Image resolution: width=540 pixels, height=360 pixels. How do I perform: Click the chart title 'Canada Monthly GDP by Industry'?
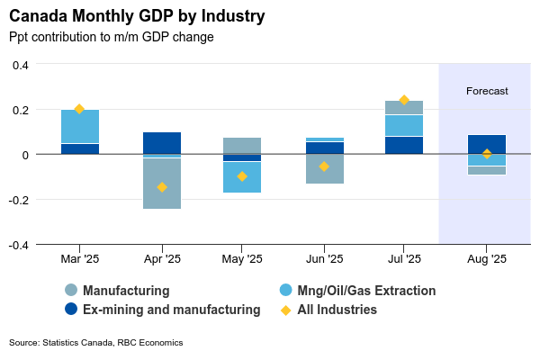click(137, 17)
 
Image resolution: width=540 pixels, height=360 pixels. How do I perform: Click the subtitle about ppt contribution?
click(111, 38)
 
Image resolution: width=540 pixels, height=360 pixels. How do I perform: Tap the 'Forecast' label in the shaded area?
click(487, 91)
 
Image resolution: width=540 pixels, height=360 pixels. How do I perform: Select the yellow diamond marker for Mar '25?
click(79, 109)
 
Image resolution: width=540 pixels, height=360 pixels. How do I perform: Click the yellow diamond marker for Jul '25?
click(404, 100)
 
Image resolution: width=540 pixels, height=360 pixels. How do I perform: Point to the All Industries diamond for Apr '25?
click(162, 187)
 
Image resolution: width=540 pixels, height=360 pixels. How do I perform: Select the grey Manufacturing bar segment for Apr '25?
click(162, 184)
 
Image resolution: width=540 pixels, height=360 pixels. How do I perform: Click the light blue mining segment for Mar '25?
click(80, 127)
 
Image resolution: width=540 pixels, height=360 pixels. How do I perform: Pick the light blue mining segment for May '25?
click(242, 177)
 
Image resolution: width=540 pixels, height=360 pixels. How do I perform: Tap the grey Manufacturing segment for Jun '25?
click(324, 169)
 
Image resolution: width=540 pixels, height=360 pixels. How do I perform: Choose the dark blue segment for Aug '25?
click(487, 144)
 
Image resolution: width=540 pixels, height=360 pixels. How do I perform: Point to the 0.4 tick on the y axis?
click(20, 65)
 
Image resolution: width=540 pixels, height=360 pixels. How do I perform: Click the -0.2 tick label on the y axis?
click(18, 200)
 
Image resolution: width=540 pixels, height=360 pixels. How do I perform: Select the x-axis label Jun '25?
click(324, 259)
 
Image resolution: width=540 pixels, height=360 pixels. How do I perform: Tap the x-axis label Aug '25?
click(487, 259)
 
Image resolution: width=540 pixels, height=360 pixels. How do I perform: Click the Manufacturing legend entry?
click(126, 291)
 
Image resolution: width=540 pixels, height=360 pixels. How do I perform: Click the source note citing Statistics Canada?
click(95, 343)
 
